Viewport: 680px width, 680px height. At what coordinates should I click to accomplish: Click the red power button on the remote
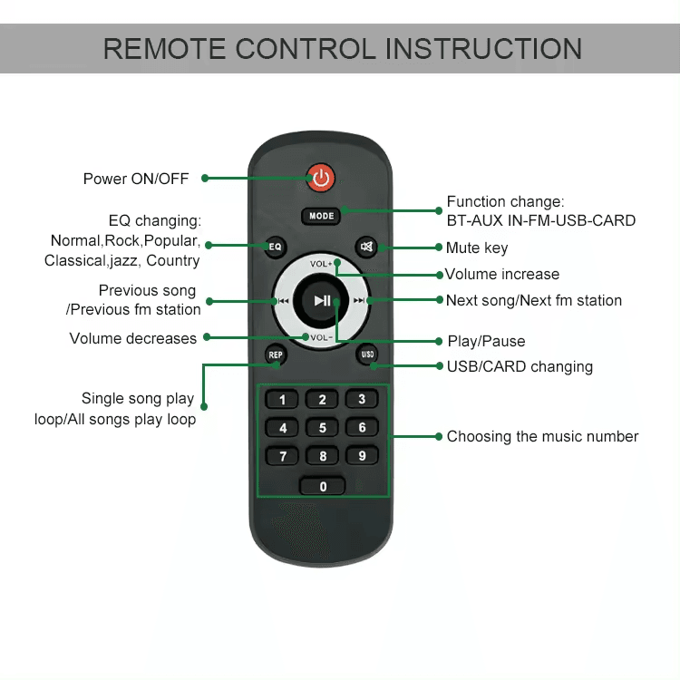(x=321, y=178)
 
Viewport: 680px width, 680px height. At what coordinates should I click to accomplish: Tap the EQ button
(x=276, y=246)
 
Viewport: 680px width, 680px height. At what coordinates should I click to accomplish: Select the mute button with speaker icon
(x=367, y=247)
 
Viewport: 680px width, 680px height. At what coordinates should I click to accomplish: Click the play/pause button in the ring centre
(x=322, y=301)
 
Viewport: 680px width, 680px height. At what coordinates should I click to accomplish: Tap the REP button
(x=276, y=355)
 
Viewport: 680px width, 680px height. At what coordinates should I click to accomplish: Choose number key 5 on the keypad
(x=322, y=428)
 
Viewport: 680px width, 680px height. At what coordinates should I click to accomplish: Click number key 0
(x=323, y=487)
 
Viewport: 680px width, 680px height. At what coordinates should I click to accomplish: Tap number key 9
(x=362, y=456)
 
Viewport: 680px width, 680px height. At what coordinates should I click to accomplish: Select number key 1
(x=283, y=400)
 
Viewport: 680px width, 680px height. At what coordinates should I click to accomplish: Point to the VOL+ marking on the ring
(x=321, y=264)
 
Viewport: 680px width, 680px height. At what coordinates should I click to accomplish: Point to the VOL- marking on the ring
(x=321, y=338)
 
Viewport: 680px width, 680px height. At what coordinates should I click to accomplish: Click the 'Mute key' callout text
(x=477, y=248)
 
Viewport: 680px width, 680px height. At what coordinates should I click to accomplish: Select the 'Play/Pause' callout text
(x=486, y=342)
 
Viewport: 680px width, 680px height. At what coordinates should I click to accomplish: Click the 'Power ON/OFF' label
(x=136, y=179)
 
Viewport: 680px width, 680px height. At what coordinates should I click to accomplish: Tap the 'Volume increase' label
(x=502, y=274)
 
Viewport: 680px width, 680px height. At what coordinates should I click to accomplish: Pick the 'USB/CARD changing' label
(x=520, y=366)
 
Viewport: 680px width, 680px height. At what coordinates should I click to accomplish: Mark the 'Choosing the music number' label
(x=542, y=436)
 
